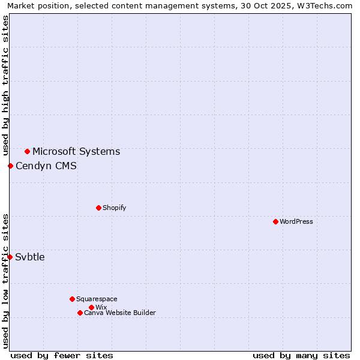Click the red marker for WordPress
click(275, 221)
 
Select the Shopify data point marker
click(98, 208)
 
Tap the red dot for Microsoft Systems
click(27, 151)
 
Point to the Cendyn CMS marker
click(10, 166)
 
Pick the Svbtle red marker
click(10, 257)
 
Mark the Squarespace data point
click(72, 299)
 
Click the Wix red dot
click(91, 307)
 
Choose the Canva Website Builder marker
click(80, 313)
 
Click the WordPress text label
click(296, 221)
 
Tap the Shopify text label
click(115, 208)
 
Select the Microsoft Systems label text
click(76, 151)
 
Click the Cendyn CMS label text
click(46, 166)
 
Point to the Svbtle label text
click(30, 257)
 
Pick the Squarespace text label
click(97, 299)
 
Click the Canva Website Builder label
click(120, 313)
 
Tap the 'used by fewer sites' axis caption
click(62, 355)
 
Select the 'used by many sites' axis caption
click(301, 355)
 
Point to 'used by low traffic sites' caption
click(5, 281)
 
